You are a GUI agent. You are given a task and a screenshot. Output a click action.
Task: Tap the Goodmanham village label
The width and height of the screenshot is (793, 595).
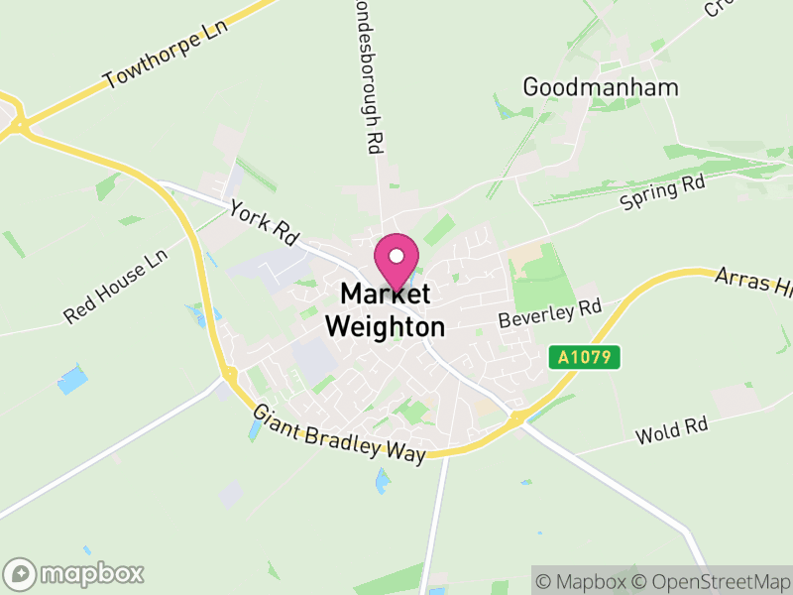pyautogui.click(x=601, y=86)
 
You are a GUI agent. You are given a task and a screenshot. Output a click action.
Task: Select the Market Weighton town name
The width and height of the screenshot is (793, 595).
pyautogui.click(x=386, y=309)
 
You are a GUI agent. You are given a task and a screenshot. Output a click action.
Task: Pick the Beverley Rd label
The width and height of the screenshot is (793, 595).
pyautogui.click(x=551, y=314)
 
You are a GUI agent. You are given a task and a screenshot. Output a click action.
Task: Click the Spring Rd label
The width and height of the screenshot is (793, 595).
pyautogui.click(x=662, y=193)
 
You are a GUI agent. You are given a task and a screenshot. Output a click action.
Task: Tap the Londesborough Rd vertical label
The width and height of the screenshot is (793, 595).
pyautogui.click(x=364, y=74)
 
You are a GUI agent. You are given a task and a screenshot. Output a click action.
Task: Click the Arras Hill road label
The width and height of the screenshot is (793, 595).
pyautogui.click(x=753, y=283)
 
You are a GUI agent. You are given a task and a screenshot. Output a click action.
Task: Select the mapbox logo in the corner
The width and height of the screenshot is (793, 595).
pyautogui.click(x=75, y=573)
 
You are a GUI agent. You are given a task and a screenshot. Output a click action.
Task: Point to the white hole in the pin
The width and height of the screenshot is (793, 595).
pyautogui.click(x=396, y=256)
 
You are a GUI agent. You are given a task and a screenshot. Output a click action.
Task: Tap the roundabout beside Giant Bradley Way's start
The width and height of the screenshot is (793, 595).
pyautogui.click(x=229, y=375)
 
